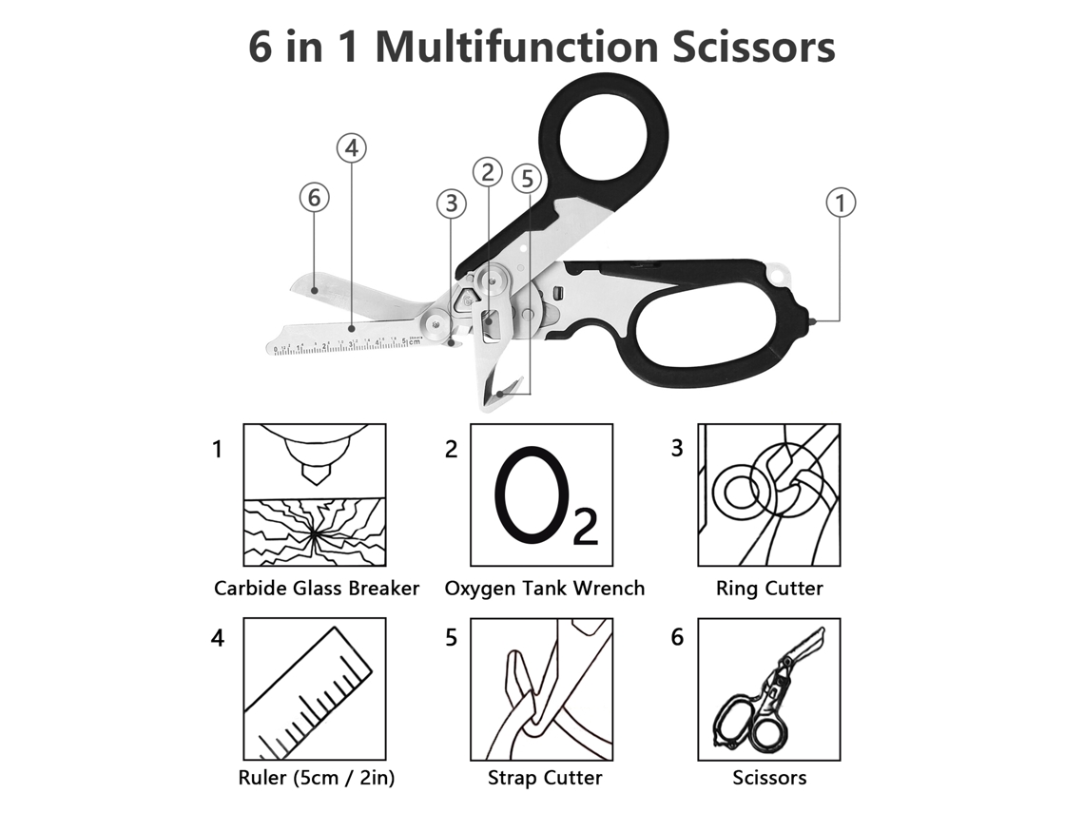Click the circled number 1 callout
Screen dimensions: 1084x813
click(841, 203)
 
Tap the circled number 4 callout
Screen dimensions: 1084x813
click(352, 148)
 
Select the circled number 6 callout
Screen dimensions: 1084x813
click(314, 198)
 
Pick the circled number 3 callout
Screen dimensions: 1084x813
click(452, 203)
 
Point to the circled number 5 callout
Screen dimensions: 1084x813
click(527, 179)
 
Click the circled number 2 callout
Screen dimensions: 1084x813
click(488, 172)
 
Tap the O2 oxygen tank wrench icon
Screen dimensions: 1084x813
click(542, 495)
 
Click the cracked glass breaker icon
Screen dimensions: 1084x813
click(315, 495)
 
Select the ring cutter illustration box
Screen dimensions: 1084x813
click(768, 495)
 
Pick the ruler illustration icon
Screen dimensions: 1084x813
click(315, 689)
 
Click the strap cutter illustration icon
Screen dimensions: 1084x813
click(542, 689)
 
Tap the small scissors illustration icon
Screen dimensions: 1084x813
click(768, 689)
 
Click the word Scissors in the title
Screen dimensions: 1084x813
click(753, 47)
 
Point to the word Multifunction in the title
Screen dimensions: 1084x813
click(515, 47)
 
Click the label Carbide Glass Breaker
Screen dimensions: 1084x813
click(317, 589)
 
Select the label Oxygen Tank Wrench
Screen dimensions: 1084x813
click(544, 589)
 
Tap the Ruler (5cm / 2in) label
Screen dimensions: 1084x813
click(317, 778)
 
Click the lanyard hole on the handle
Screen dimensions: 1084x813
click(780, 272)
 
